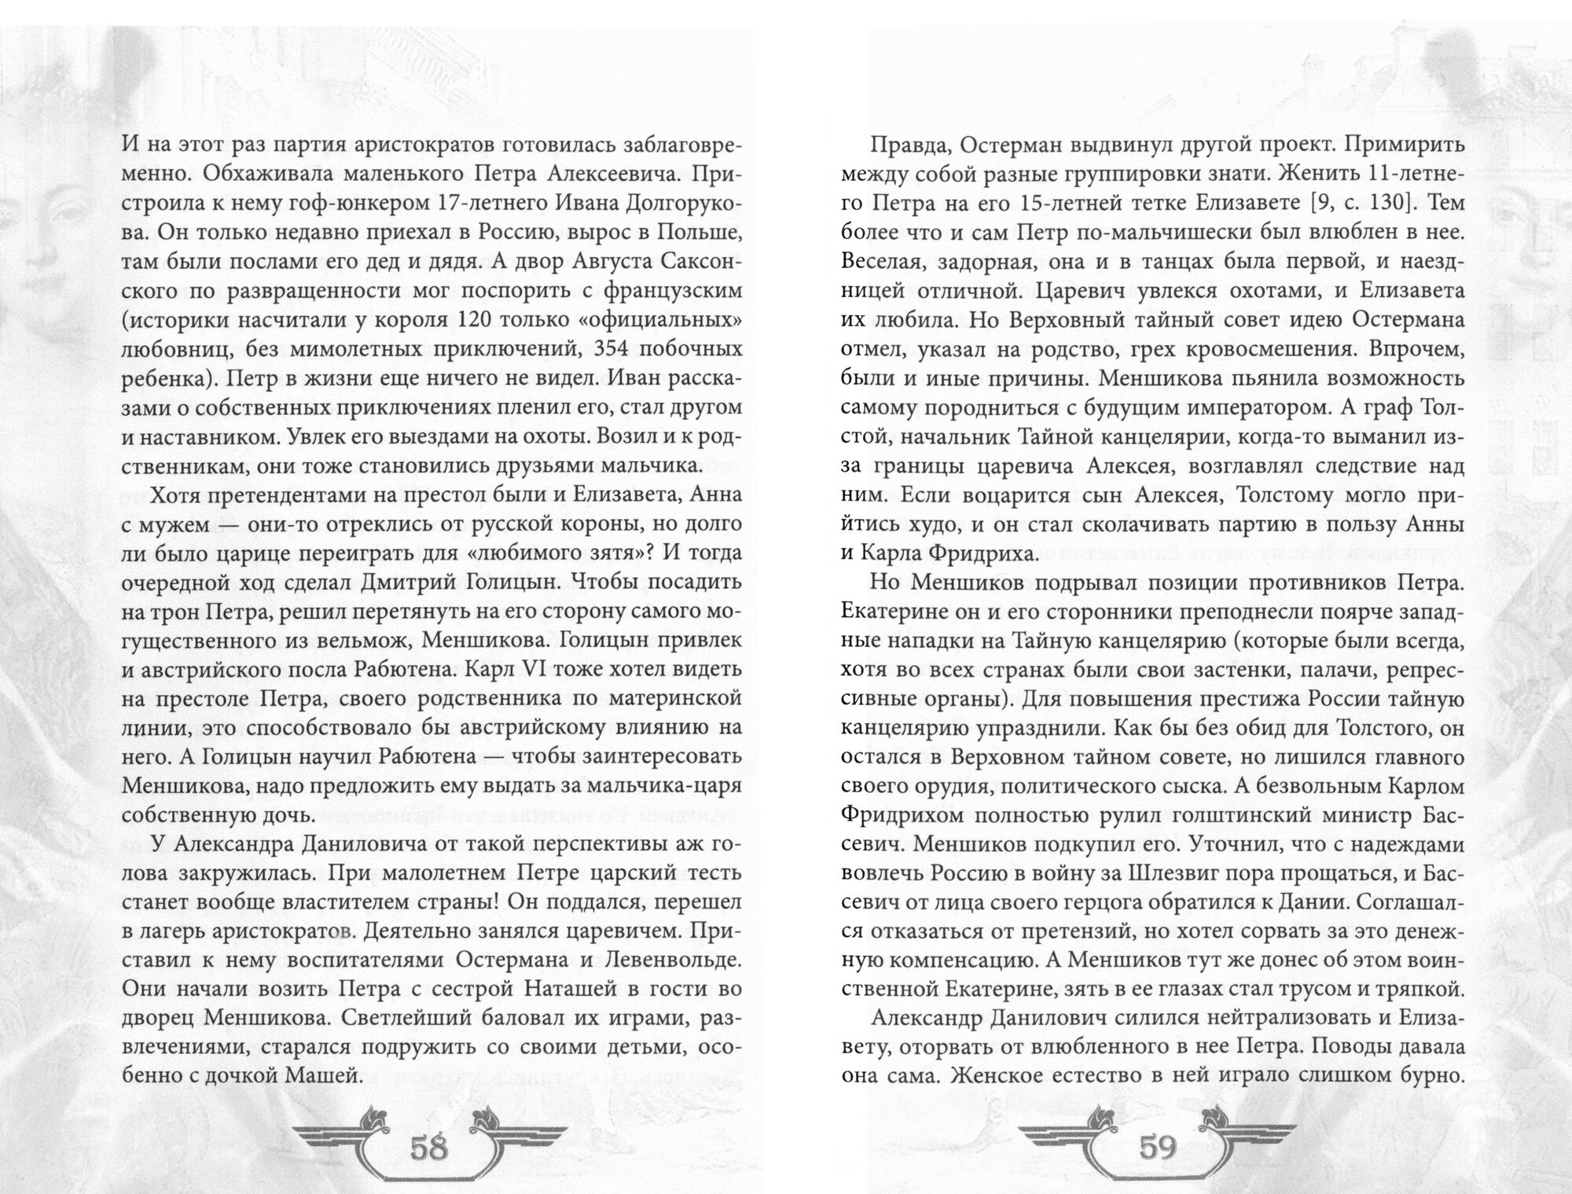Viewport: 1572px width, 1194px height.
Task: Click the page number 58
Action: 428,1148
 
